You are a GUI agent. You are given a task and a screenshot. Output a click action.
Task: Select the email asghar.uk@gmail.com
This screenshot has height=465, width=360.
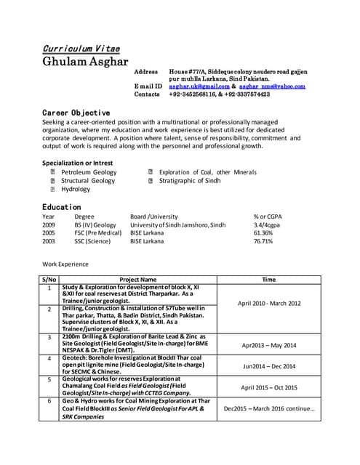pos(199,86)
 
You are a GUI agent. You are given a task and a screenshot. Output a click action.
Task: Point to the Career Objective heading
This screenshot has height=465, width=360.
pos(76,113)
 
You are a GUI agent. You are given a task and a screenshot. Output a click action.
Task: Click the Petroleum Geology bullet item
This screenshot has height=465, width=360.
pos(88,172)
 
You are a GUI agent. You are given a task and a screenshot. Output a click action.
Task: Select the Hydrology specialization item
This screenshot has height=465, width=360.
pos(76,189)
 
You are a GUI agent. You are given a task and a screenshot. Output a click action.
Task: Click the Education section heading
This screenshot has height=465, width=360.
pos(61,207)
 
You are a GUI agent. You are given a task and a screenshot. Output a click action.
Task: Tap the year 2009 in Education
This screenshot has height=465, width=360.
pos(49,225)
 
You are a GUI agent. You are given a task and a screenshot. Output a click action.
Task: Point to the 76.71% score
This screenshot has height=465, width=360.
pos(263,241)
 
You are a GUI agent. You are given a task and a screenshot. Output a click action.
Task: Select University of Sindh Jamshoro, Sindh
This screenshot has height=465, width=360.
pos(177,225)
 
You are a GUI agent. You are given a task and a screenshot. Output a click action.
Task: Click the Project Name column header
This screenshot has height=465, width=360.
pos(138,279)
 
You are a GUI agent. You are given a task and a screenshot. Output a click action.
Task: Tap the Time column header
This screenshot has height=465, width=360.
pos(268,279)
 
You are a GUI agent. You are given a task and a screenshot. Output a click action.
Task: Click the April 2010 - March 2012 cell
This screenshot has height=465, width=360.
pos(268,303)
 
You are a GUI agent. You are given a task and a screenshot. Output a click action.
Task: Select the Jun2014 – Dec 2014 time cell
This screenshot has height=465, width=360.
pos(268,367)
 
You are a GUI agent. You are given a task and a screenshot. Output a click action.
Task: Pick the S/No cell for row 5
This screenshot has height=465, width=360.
pos(49,379)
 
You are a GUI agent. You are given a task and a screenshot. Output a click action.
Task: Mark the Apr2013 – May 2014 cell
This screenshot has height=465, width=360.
pos(268,345)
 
